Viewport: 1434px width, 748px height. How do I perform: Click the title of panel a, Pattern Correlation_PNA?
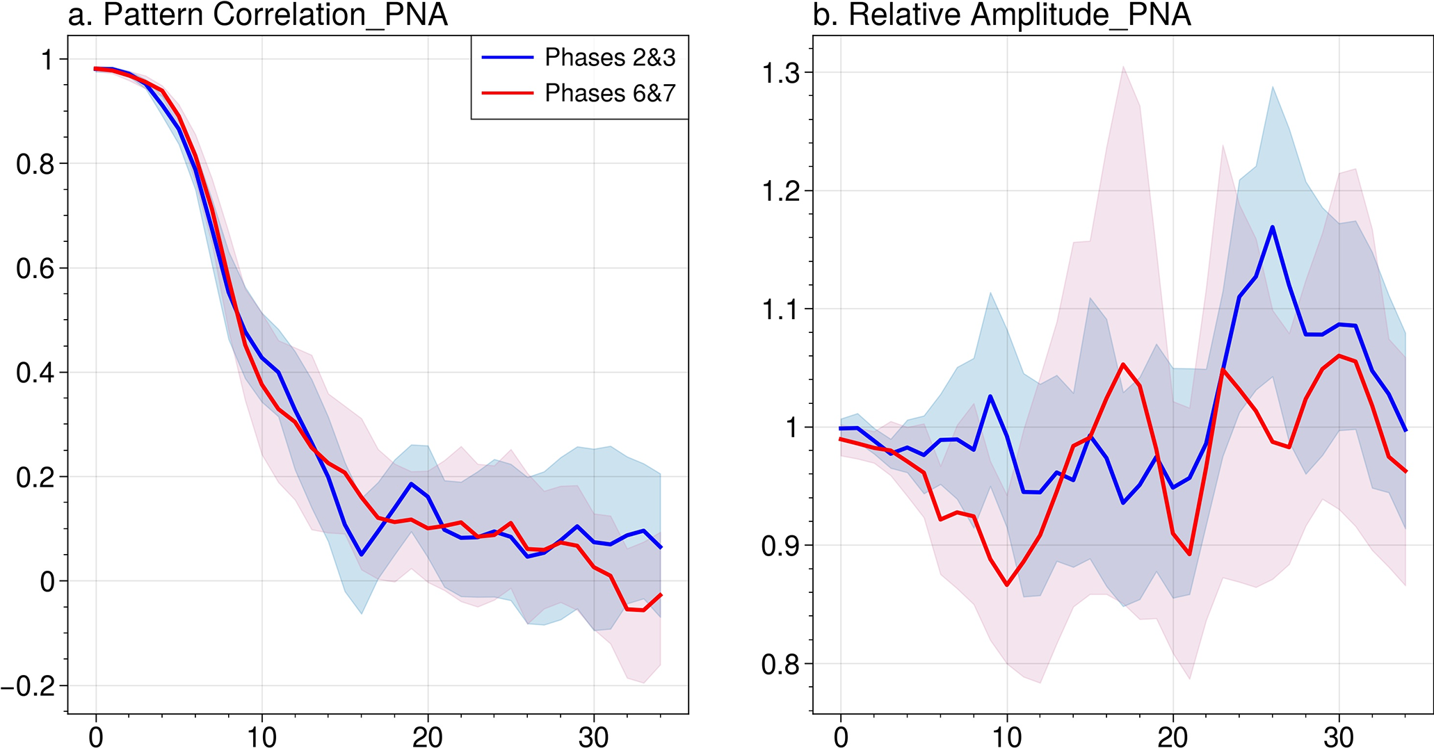click(257, 15)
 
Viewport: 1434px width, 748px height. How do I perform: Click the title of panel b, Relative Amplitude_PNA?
click(1001, 15)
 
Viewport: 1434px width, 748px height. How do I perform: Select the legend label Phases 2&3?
click(610, 58)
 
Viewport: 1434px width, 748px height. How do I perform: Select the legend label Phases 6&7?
click(610, 93)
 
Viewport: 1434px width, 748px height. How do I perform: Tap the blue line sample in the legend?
click(508, 58)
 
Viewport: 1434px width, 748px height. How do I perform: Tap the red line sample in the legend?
click(508, 93)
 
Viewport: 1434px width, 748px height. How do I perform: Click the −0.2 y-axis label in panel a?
click(28, 686)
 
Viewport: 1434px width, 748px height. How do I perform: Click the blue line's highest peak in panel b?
click(1272, 227)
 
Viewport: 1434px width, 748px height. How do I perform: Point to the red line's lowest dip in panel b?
click(1006, 585)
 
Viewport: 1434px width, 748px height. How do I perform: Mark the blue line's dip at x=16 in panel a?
click(362, 555)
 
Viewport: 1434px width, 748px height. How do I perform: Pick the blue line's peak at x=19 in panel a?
click(411, 483)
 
